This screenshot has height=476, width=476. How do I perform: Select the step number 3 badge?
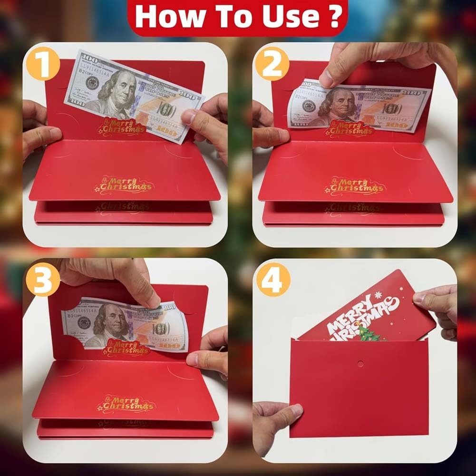coord(44,280)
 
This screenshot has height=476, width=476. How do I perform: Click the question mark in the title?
coord(335,17)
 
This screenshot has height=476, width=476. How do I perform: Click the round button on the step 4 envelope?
coord(360,364)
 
